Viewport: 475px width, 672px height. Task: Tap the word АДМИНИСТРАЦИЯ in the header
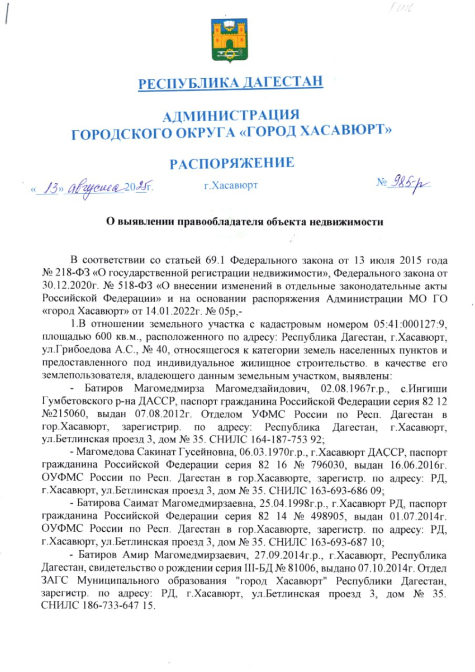pos(231,116)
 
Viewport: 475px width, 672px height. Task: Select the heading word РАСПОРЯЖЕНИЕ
pos(232,163)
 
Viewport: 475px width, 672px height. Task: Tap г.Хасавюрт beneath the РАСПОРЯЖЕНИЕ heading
pos(231,184)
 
